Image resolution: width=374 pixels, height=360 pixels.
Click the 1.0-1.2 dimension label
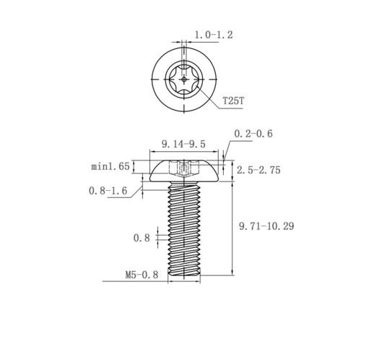point(214,35)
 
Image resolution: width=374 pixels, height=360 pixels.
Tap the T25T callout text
point(233,100)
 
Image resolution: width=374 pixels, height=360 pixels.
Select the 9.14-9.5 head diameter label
point(183,144)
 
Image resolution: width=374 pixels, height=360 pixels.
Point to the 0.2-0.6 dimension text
point(253,134)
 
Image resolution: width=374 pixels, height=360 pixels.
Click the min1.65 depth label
point(110,166)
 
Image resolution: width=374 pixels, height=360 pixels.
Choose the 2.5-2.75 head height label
point(258,170)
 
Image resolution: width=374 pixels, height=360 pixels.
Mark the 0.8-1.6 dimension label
point(108,191)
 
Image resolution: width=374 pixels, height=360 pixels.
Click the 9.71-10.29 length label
point(266,226)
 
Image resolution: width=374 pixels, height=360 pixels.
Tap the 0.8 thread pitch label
point(142,238)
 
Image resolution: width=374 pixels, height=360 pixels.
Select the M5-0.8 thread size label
point(142,275)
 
